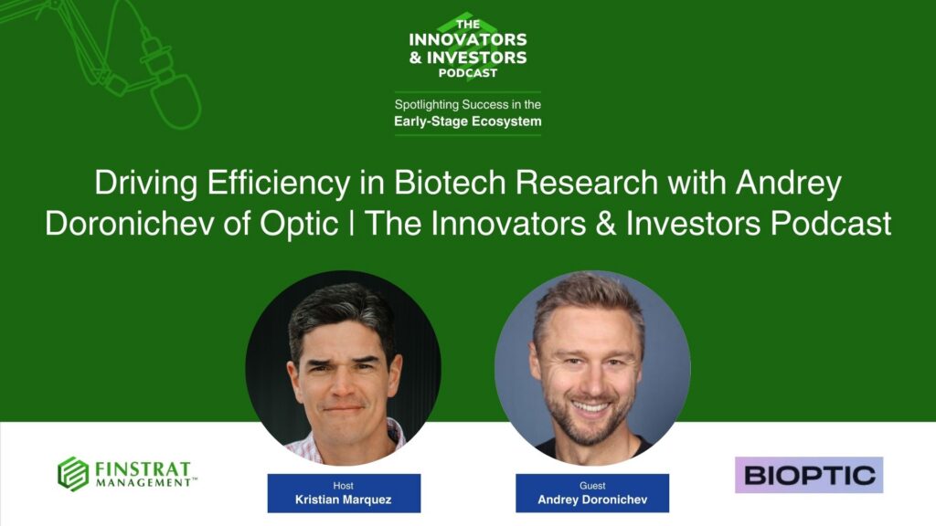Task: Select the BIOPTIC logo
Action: [x=809, y=475]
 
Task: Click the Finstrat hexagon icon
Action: [x=73, y=474]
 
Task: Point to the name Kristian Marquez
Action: [x=344, y=500]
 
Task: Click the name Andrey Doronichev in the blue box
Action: [x=591, y=500]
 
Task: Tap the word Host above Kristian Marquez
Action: [x=344, y=486]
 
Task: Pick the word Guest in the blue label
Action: [x=591, y=486]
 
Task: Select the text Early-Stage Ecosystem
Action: [x=468, y=121]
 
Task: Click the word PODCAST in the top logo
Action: [x=468, y=72]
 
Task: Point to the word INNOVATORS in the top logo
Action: [x=468, y=40]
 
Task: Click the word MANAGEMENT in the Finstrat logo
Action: [x=144, y=482]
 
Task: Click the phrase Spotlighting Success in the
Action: [x=468, y=104]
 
